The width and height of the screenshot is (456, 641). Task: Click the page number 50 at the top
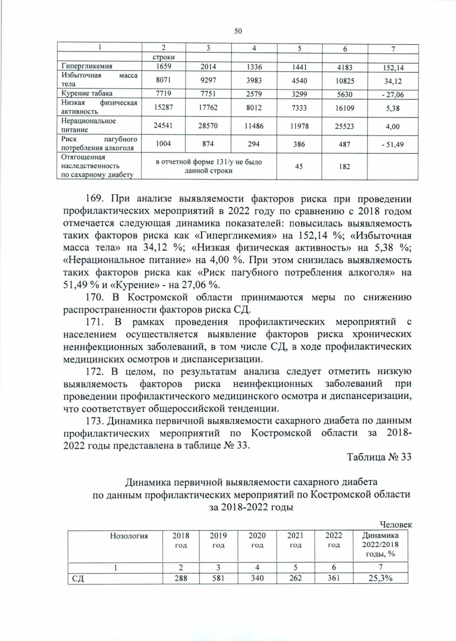click(x=238, y=31)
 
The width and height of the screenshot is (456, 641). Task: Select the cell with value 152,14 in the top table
click(x=393, y=68)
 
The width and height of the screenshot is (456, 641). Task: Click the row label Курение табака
click(x=87, y=93)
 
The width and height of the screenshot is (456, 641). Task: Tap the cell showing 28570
click(x=208, y=126)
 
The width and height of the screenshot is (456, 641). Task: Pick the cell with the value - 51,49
click(x=393, y=145)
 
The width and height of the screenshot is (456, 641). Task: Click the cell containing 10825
click(x=345, y=81)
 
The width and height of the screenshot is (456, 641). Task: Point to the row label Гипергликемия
click(x=87, y=66)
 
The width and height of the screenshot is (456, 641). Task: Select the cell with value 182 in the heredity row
click(x=345, y=166)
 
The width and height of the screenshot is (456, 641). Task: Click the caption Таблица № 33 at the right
click(x=379, y=457)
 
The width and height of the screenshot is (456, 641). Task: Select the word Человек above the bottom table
click(x=396, y=525)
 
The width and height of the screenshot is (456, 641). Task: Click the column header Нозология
click(x=129, y=536)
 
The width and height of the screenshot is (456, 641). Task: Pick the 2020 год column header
click(x=257, y=540)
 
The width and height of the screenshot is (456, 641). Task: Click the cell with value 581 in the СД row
click(x=218, y=578)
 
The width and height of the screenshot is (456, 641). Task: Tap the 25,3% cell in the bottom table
click(x=380, y=578)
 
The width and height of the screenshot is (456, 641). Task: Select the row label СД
click(x=78, y=579)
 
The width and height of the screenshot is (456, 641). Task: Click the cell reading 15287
click(x=163, y=108)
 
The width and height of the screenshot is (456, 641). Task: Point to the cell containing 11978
click(x=299, y=126)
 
